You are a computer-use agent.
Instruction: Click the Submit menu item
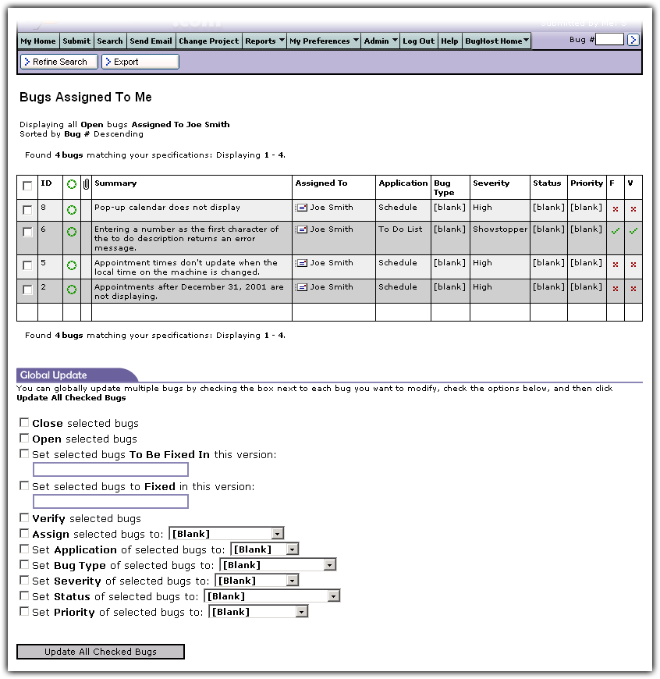click(x=76, y=41)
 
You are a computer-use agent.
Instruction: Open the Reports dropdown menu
click(x=264, y=41)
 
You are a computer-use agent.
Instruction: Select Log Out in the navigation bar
click(x=419, y=41)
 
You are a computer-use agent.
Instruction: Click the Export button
click(x=140, y=62)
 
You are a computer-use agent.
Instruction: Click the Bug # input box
click(x=609, y=40)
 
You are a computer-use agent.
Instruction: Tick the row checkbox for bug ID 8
click(x=27, y=210)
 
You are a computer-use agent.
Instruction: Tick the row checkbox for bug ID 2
click(x=27, y=290)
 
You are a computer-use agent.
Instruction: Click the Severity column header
click(x=491, y=183)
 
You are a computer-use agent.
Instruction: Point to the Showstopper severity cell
click(x=500, y=229)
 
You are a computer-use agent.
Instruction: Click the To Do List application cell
click(x=400, y=229)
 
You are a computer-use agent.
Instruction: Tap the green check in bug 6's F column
click(x=616, y=231)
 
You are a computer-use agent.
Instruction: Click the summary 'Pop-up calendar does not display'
click(x=167, y=208)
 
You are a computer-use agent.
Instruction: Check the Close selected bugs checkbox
click(x=24, y=423)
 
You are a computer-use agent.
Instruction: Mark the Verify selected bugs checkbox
click(x=24, y=518)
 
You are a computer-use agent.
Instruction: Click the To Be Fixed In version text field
click(x=110, y=470)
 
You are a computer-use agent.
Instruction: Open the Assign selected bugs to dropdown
click(x=226, y=534)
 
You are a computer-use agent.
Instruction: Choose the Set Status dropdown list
click(x=271, y=596)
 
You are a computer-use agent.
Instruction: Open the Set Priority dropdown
click(x=258, y=612)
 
